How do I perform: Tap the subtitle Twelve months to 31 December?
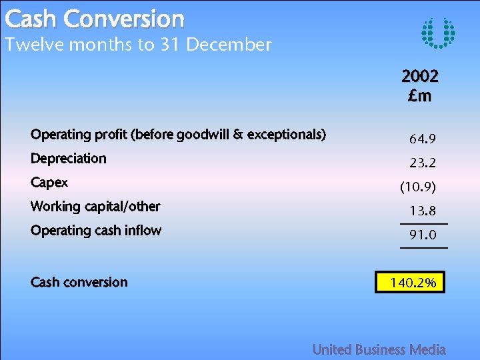click(x=138, y=45)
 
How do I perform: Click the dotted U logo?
click(x=439, y=33)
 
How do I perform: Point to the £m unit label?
click(x=420, y=95)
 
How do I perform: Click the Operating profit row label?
click(x=178, y=135)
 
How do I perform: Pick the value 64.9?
click(x=423, y=139)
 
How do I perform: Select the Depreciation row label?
click(x=69, y=159)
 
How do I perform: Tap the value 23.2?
click(x=423, y=163)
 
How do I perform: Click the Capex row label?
click(x=49, y=183)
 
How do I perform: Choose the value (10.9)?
click(x=418, y=187)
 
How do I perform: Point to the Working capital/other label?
click(x=95, y=207)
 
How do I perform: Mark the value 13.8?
click(x=423, y=211)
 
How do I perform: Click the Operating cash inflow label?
click(x=96, y=231)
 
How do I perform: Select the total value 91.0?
click(x=423, y=235)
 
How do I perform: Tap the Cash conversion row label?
click(x=79, y=282)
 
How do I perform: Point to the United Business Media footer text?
click(x=379, y=349)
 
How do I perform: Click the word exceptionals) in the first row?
click(x=286, y=135)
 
